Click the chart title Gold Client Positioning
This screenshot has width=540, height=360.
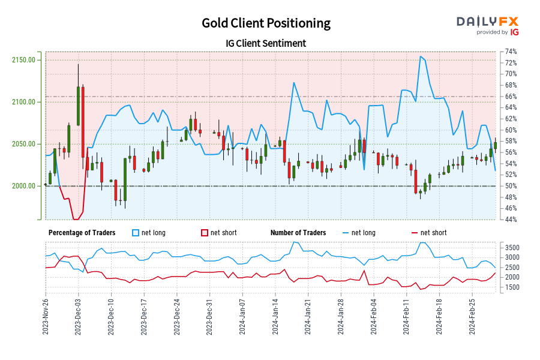pos(266,23)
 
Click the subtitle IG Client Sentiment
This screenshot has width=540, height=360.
pos(266,43)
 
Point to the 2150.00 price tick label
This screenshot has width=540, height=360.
pos(23,60)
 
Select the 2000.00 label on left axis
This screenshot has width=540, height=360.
pos(23,186)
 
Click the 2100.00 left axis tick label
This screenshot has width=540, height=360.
pos(23,102)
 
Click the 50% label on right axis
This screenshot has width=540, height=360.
pos(511,186)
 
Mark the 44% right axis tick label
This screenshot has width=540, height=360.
pos(511,220)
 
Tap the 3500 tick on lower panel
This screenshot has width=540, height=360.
pos(512,247)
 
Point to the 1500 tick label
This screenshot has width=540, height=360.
pos(512,287)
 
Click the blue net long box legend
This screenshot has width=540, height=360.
pos(136,233)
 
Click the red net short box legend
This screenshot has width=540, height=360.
pos(204,233)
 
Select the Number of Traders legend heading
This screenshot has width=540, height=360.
pos(298,233)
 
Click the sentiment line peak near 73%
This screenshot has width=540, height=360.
pos(421,56)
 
